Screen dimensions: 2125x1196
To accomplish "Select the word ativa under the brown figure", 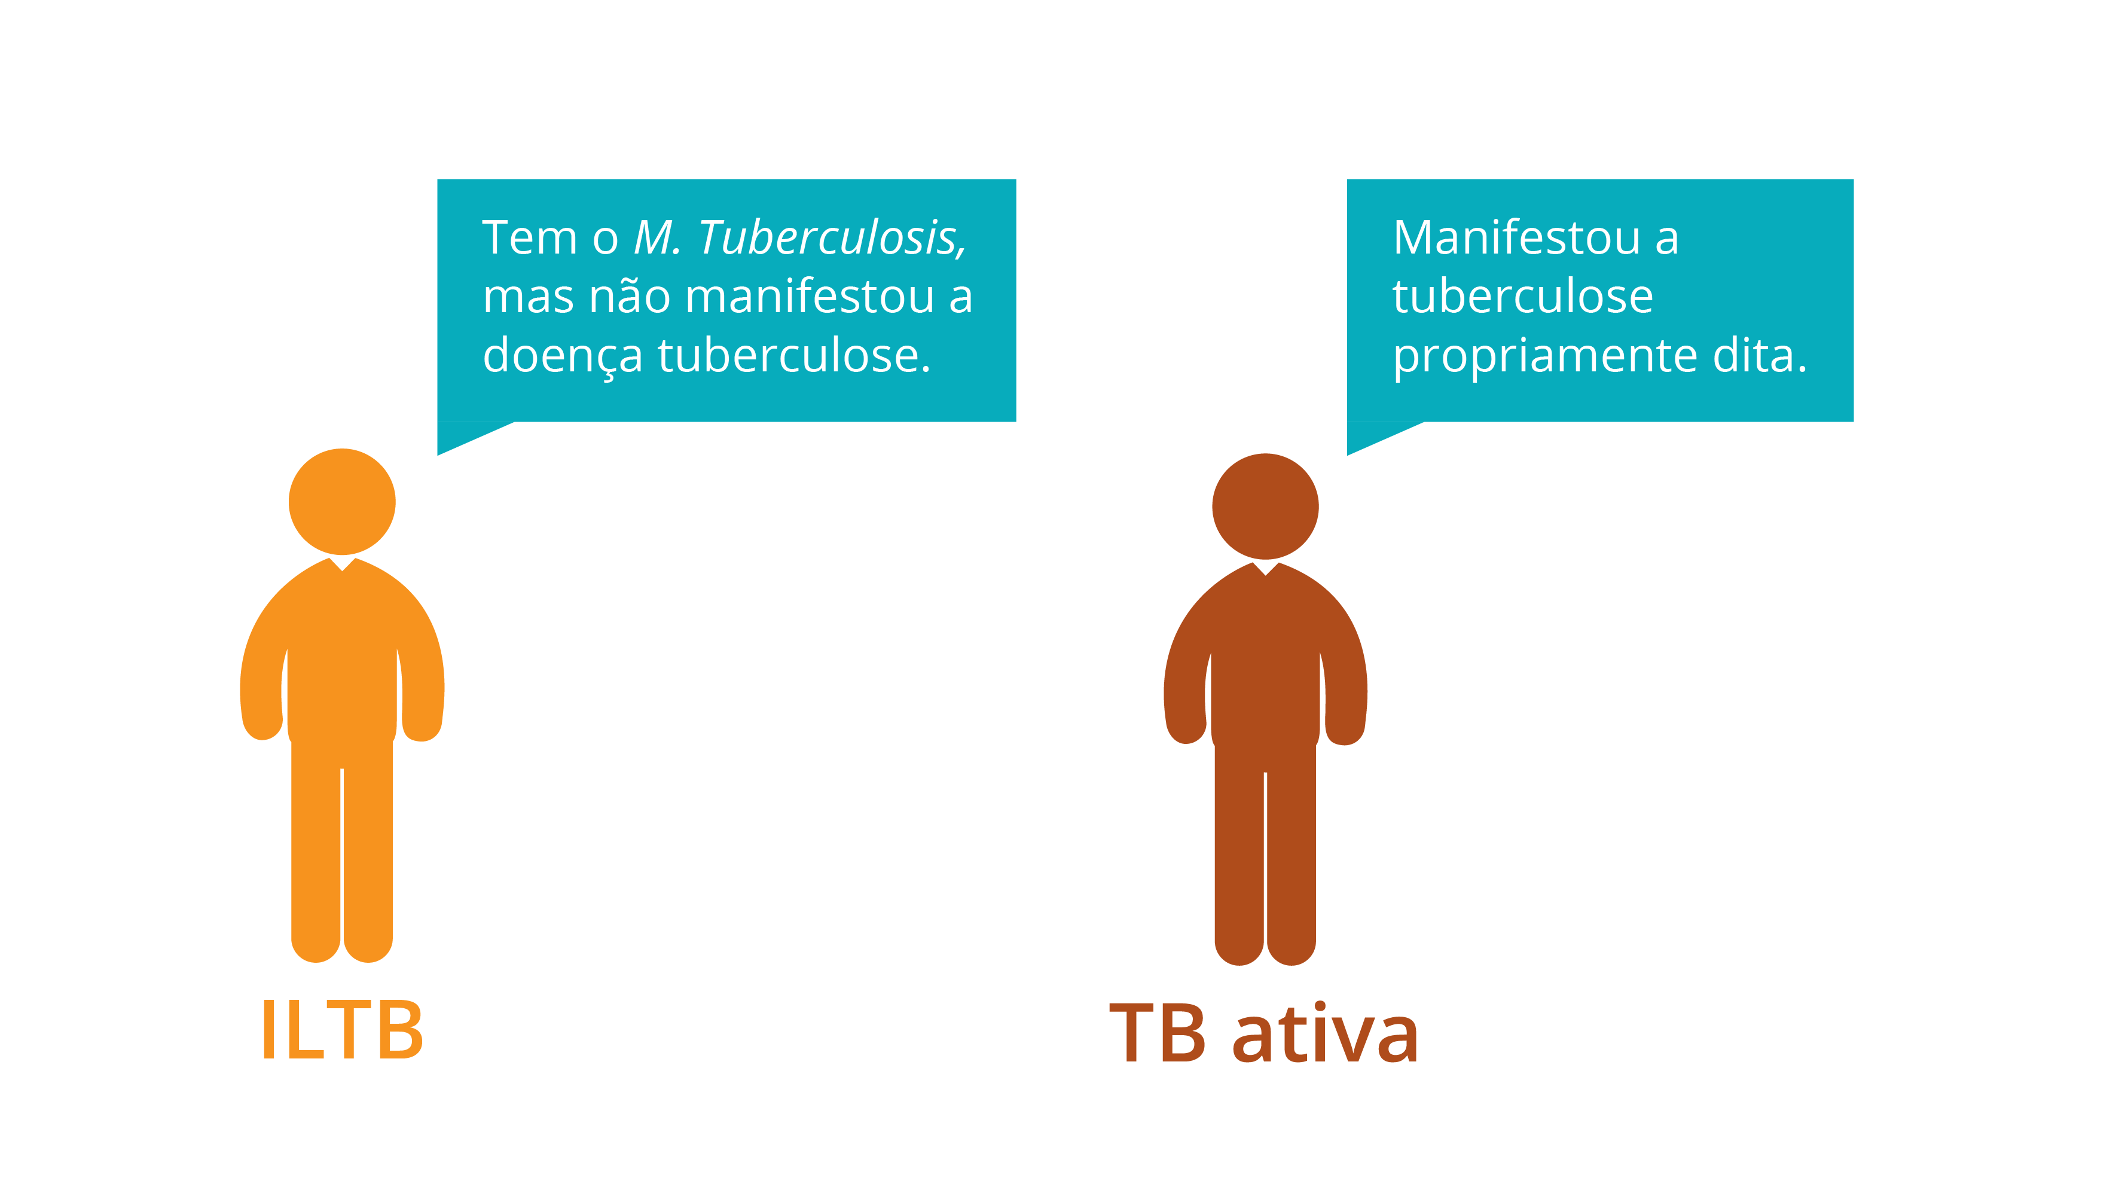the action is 1326,1033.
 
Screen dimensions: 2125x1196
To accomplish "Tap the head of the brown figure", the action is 1265,507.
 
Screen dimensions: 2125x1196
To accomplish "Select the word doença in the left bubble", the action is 563,357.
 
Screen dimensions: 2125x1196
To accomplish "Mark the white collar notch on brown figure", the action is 1265,568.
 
